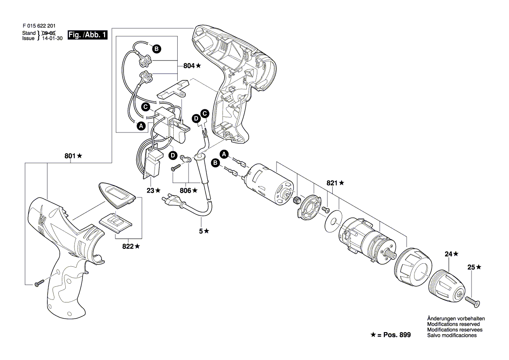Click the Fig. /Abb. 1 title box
pyautogui.click(x=88, y=35)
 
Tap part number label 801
pyautogui.click(x=70, y=156)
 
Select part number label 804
pyautogui.click(x=189, y=66)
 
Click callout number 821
pyautogui.click(x=332, y=183)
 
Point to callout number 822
pyautogui.click(x=128, y=247)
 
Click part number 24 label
pyautogui.click(x=448, y=254)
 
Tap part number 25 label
pyautogui.click(x=472, y=268)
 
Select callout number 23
pyautogui.click(x=150, y=190)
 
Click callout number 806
pyautogui.click(x=185, y=191)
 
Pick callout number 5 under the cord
pyautogui.click(x=201, y=231)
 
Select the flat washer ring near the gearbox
pyautogui.click(x=333, y=223)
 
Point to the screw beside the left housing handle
pyautogui.click(x=38, y=284)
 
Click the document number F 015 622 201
pyautogui.click(x=39, y=26)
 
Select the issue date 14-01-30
pyautogui.click(x=52, y=38)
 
